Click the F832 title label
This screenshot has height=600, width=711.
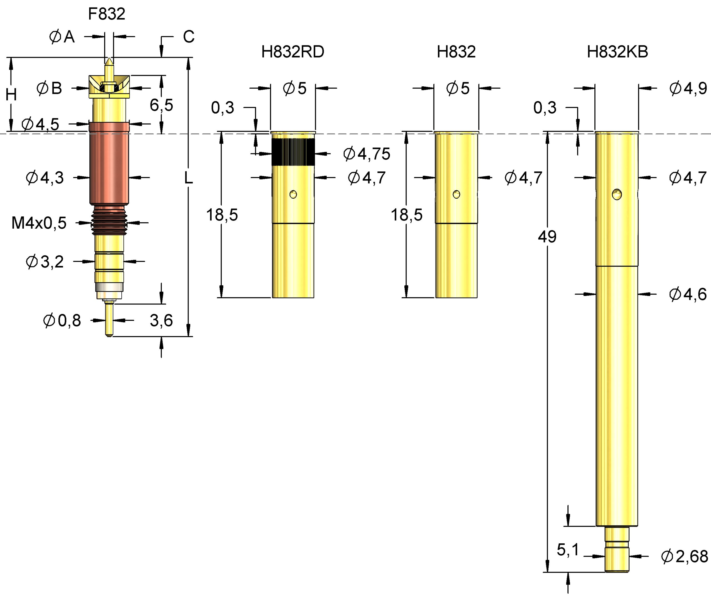pos(106,14)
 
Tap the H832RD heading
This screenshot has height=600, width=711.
pos(292,52)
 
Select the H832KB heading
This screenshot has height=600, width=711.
pos(617,52)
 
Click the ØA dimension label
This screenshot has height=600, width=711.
pos(62,37)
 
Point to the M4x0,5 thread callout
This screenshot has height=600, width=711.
pos(39,223)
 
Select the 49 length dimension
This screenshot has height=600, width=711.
pos(547,237)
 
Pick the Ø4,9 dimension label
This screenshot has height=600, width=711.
pos(688,88)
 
